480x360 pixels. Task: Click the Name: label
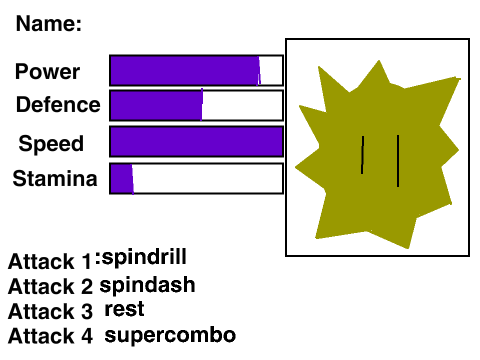[x=49, y=24]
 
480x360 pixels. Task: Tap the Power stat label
[x=47, y=71]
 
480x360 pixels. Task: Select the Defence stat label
[x=58, y=104]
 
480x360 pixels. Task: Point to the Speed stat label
[x=51, y=143]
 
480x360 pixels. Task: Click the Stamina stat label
[x=55, y=178]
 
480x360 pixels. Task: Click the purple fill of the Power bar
[x=185, y=71]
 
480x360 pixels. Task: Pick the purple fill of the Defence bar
[x=156, y=105]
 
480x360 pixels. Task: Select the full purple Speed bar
[x=196, y=141]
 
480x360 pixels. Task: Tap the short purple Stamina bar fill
[x=122, y=178]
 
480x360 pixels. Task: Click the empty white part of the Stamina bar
[x=208, y=178]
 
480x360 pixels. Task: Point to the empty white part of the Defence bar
[x=242, y=105]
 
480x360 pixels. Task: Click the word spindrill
[x=144, y=257]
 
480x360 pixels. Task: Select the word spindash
[x=147, y=285]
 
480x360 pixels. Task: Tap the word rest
[x=124, y=309]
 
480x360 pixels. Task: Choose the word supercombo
[x=170, y=336]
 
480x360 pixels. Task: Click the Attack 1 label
[x=50, y=261]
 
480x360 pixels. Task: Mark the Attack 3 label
[x=50, y=311]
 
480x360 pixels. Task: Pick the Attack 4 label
[x=50, y=336]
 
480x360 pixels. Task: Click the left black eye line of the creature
[x=362, y=155]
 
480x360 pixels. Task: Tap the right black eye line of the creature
[x=398, y=161]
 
